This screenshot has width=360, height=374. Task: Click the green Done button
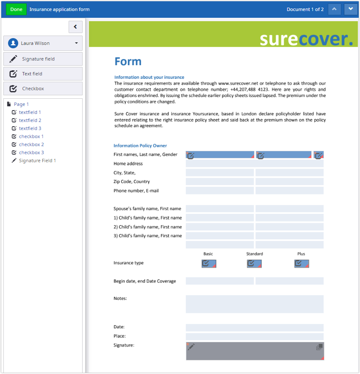click(16, 9)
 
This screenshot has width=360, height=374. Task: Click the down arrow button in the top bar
click(351, 9)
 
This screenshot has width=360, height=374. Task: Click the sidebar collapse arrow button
click(75, 27)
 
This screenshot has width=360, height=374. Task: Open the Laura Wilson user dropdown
click(43, 43)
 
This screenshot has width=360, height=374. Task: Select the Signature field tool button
click(43, 59)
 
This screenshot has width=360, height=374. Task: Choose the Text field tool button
click(43, 74)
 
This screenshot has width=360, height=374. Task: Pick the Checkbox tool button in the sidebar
click(43, 89)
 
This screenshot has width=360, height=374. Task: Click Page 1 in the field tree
click(21, 104)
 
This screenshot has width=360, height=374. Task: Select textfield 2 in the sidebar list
click(30, 120)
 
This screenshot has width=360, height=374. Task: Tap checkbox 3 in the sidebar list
click(31, 152)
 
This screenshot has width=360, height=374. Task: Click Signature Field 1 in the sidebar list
click(37, 161)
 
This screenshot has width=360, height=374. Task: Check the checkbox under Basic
click(209, 263)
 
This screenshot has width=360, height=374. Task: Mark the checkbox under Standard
click(254, 263)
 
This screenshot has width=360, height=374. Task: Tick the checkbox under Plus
click(302, 263)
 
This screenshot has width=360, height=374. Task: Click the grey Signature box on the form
click(255, 351)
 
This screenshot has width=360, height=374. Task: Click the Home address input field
click(255, 163)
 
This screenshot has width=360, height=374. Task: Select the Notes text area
click(255, 304)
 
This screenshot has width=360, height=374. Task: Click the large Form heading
click(128, 62)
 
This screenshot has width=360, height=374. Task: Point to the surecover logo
click(306, 39)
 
